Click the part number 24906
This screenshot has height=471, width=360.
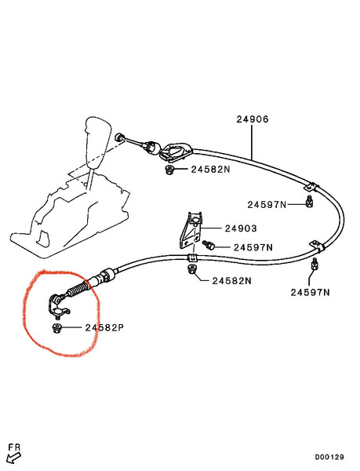[x=253, y=119]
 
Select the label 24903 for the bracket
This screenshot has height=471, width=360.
[x=241, y=228]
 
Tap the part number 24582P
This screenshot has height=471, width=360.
[x=104, y=327]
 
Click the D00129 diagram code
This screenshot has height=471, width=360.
[x=329, y=457]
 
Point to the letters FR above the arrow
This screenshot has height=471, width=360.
[x=14, y=447]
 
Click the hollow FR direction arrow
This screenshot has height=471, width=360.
[x=13, y=458]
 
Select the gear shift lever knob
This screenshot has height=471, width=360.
[x=97, y=141]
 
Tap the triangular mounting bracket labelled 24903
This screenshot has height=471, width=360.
[x=191, y=230]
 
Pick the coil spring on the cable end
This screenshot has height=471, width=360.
[x=78, y=290]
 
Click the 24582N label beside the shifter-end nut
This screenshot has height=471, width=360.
[x=211, y=170]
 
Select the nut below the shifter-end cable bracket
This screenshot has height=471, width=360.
[x=169, y=170]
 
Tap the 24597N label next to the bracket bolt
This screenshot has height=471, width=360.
[x=253, y=247]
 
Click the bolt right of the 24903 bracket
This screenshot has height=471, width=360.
[x=208, y=245]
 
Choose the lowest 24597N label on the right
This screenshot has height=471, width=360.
[x=310, y=292]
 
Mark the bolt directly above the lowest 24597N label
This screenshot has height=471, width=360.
[x=315, y=264]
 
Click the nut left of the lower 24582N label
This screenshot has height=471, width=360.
[x=191, y=269]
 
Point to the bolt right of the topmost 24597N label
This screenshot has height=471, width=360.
[x=309, y=202]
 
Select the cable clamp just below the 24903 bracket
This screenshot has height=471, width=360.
[x=192, y=257]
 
